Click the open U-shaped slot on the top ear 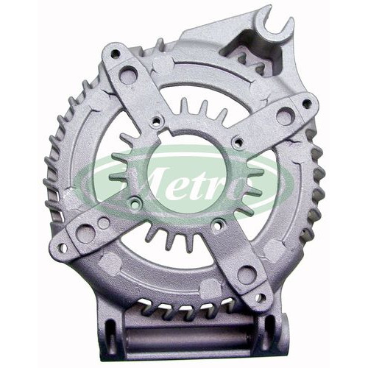point(274,23)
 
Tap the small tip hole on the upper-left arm point(115,53)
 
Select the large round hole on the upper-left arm point(127,74)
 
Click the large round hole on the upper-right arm point(284,116)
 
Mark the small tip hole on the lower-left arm point(62,247)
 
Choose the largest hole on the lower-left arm point(83,232)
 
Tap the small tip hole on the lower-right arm point(261,297)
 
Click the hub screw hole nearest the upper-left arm point(156,121)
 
